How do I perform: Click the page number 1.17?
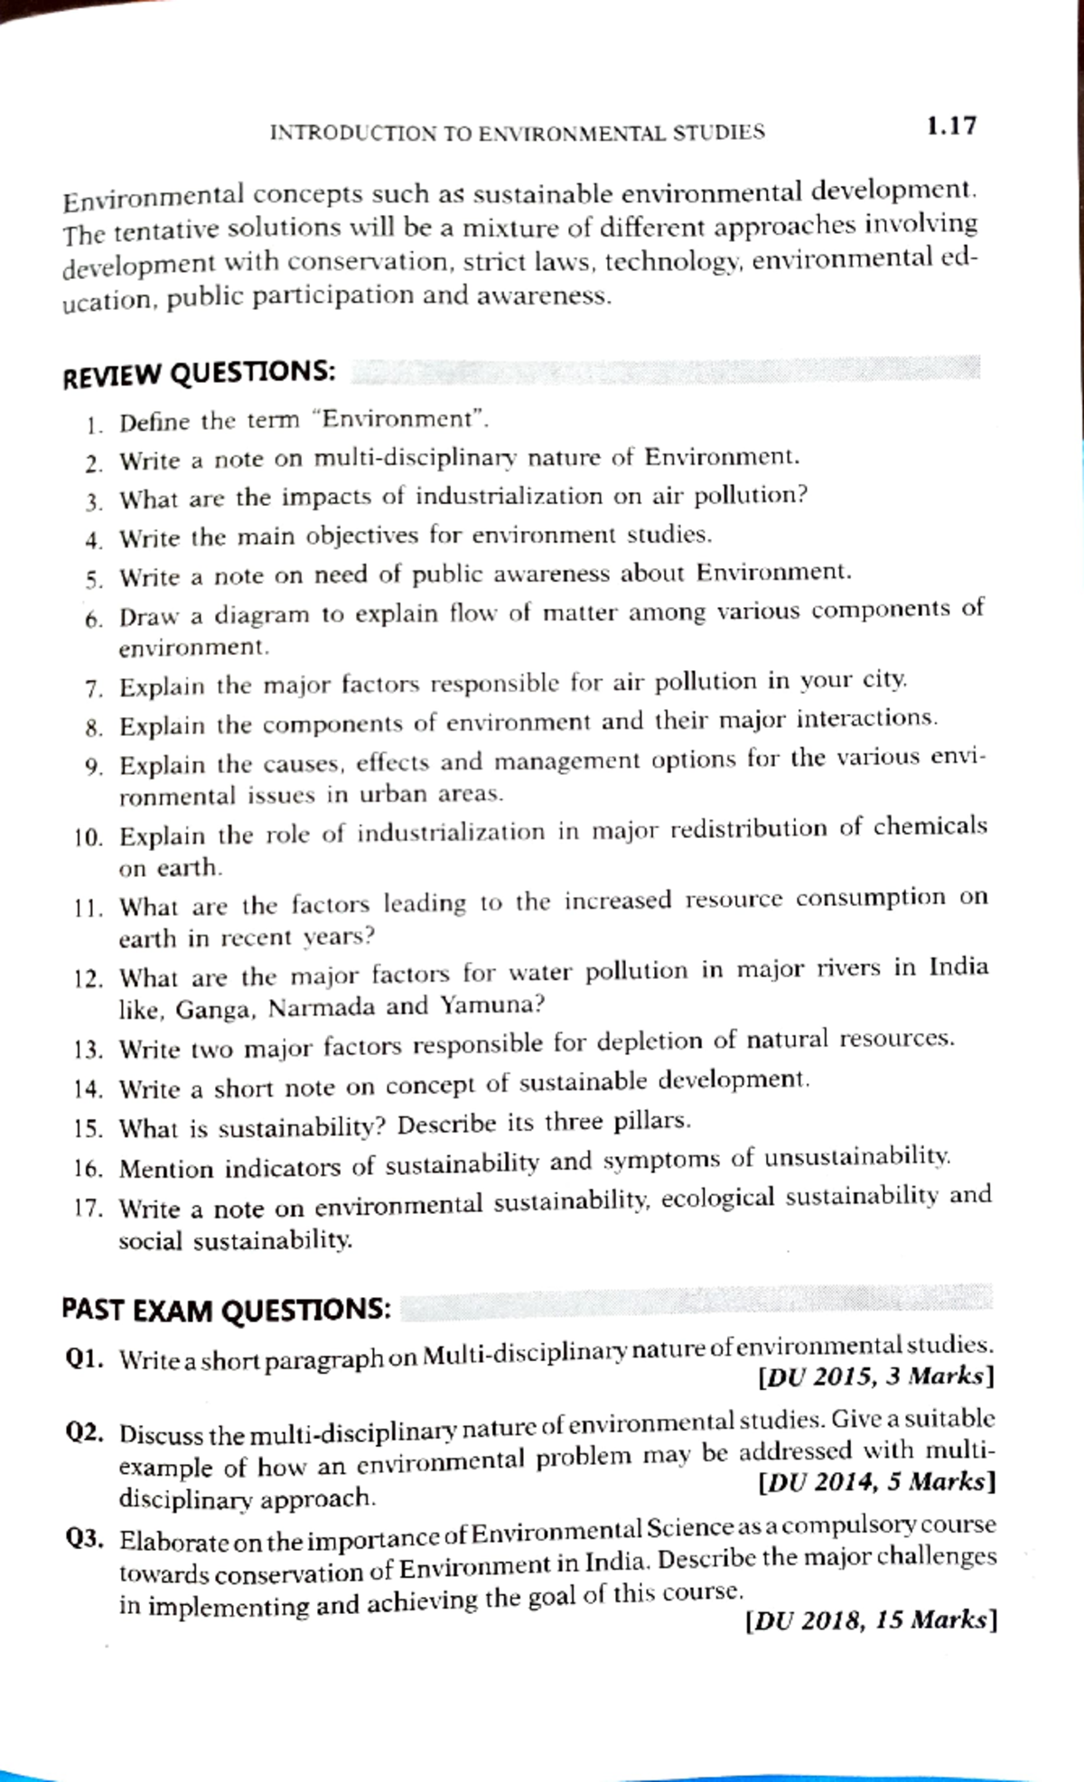pyautogui.click(x=950, y=126)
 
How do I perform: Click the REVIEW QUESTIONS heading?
pyautogui.click(x=199, y=373)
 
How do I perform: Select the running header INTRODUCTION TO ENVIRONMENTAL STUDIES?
pyautogui.click(x=517, y=133)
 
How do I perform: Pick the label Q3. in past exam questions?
pyautogui.click(x=88, y=1538)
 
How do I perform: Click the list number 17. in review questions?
pyautogui.click(x=89, y=1208)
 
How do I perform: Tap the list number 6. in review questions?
pyautogui.click(x=94, y=620)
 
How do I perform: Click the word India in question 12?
pyautogui.click(x=958, y=967)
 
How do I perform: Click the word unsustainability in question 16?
pyautogui.click(x=857, y=1157)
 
